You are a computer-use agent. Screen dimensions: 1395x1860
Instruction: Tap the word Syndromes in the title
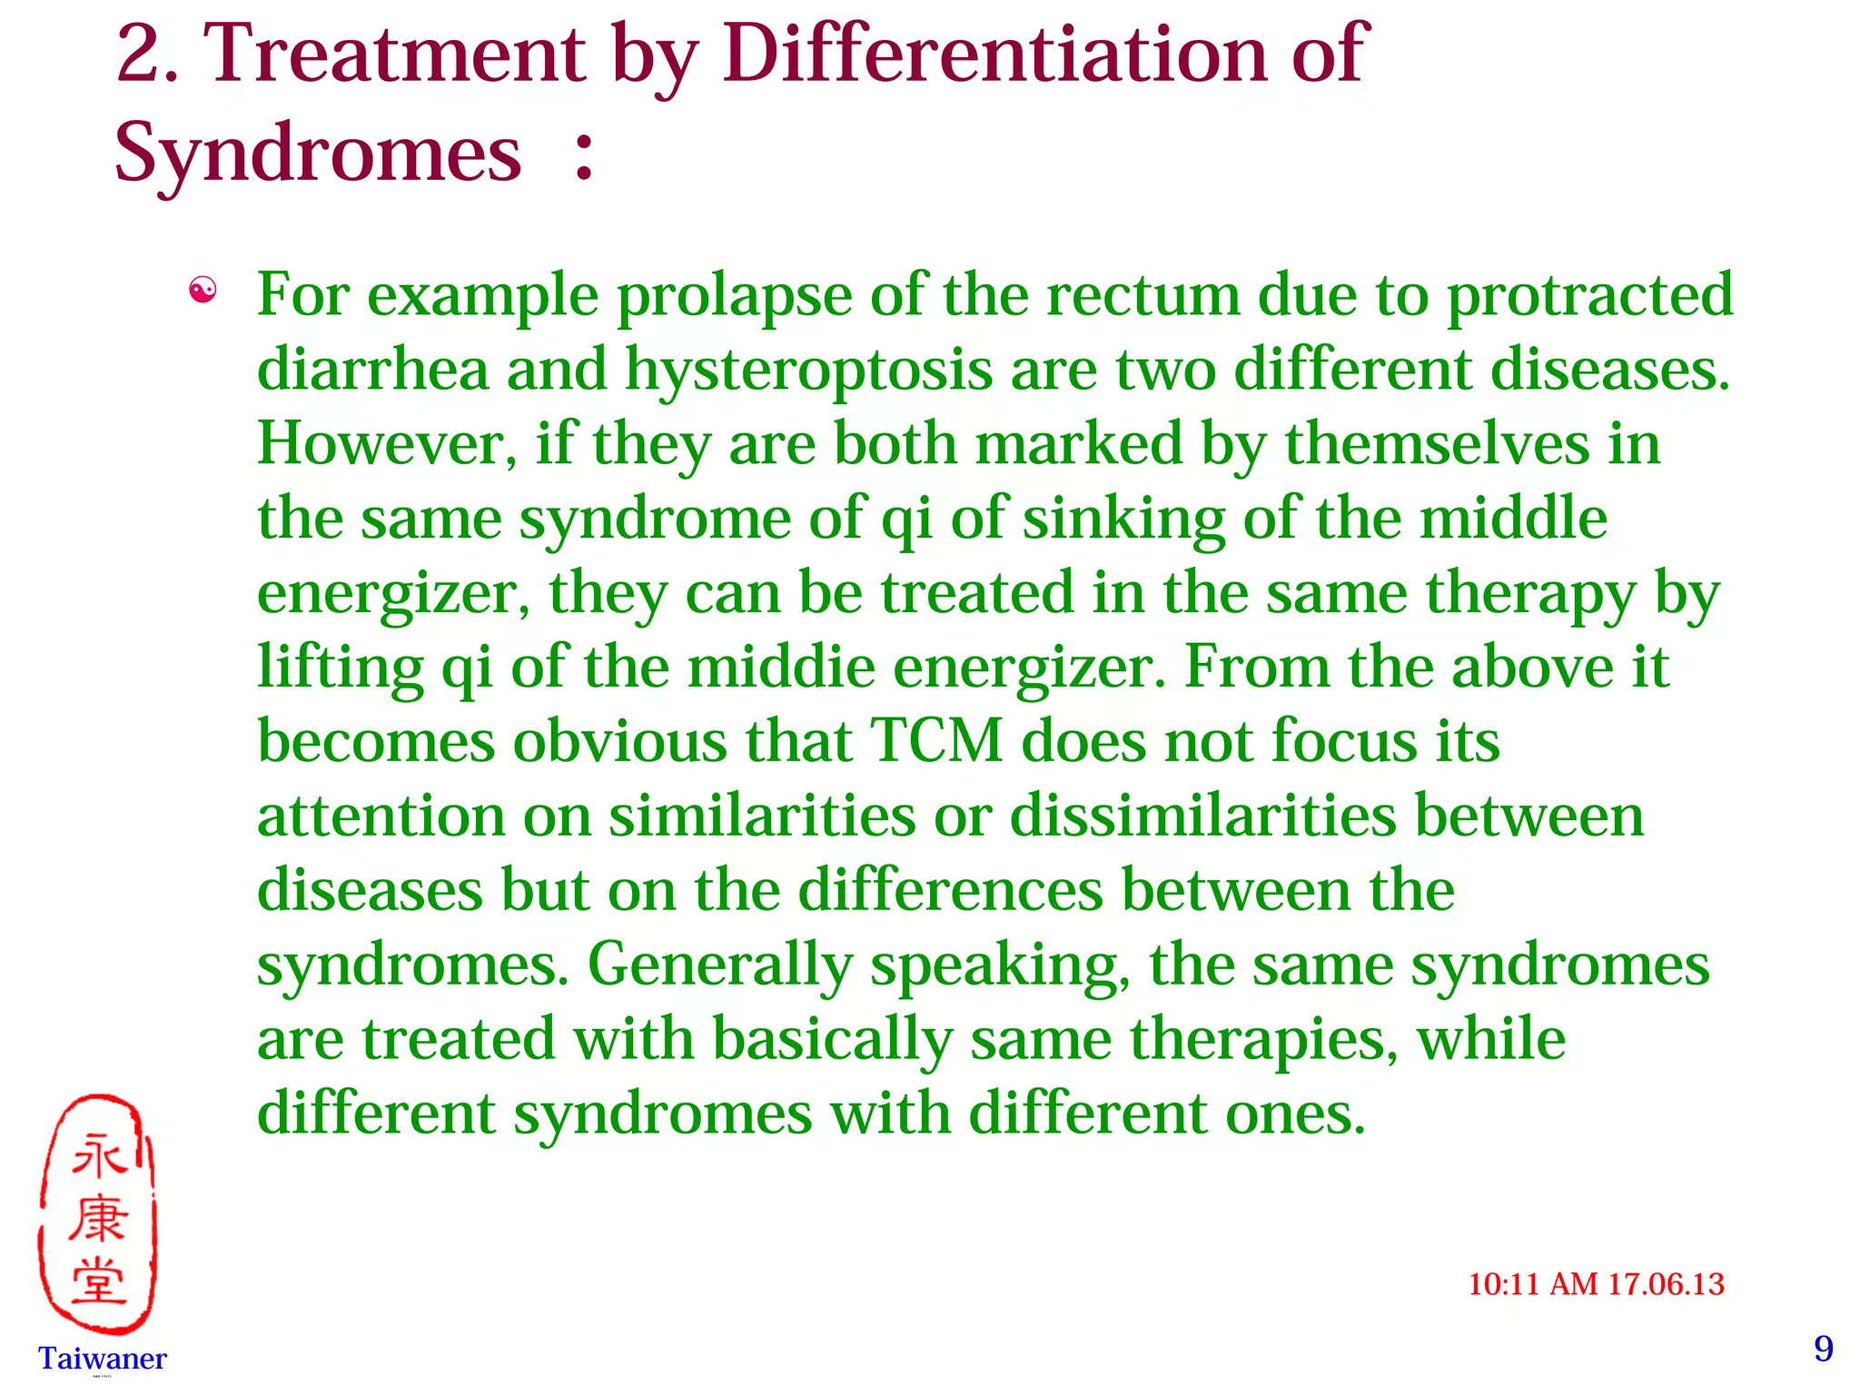click(318, 153)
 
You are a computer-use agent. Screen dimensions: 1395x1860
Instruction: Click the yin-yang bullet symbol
click(202, 291)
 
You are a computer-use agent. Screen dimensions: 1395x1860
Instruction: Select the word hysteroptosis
click(808, 371)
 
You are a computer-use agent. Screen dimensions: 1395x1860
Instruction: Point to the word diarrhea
click(372, 371)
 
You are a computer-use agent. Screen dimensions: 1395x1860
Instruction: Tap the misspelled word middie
click(781, 667)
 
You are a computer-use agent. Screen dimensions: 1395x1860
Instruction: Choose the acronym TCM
click(936, 741)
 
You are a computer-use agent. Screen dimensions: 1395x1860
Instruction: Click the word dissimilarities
click(1202, 816)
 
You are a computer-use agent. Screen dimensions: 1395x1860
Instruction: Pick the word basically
click(832, 1039)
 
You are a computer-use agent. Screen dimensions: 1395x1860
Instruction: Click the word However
click(386, 445)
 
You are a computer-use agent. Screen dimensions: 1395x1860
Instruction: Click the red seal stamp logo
click(98, 1213)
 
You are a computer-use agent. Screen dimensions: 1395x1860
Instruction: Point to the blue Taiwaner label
click(103, 1359)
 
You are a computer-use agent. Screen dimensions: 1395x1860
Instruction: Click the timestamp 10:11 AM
click(1533, 1284)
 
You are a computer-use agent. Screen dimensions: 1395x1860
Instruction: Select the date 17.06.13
click(1666, 1284)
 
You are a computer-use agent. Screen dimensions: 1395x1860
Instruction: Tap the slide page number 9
click(1824, 1349)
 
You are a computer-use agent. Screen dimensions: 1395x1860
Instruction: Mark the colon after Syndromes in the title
click(584, 154)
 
